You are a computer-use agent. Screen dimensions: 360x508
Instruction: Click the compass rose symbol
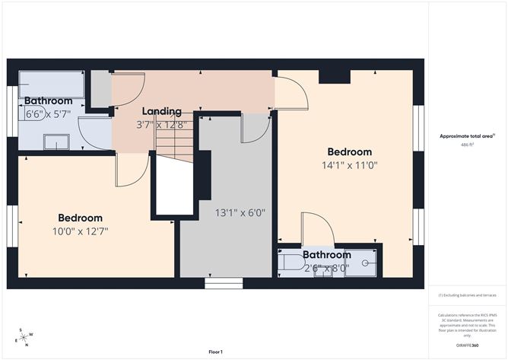(x=24, y=337)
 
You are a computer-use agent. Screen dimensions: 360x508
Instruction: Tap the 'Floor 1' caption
(x=215, y=352)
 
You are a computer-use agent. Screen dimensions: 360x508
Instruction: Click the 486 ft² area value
(x=467, y=144)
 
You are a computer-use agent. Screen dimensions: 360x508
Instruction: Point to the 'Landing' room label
(x=161, y=111)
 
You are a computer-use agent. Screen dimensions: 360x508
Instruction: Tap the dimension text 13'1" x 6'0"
(x=240, y=213)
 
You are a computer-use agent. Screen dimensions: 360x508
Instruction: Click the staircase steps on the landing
(x=174, y=142)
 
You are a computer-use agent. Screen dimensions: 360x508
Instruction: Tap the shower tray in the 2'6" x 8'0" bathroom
(x=363, y=263)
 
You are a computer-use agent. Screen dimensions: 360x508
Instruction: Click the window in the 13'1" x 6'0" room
(x=223, y=284)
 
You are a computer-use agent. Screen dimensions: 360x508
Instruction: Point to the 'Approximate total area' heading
(x=467, y=135)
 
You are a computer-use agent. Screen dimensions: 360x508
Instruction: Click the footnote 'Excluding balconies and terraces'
(x=467, y=295)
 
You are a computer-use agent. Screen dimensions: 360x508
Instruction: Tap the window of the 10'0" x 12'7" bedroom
(x=12, y=227)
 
